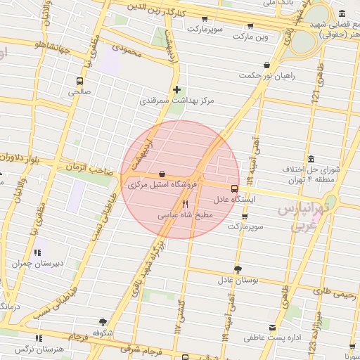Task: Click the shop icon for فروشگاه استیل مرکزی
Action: (162, 174)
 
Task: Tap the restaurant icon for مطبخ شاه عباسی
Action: (185, 204)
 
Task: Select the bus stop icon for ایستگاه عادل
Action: (234, 188)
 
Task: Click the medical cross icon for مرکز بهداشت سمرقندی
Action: (176, 89)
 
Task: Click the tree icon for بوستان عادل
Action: (238, 269)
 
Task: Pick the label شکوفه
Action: (103, 332)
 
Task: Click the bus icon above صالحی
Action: (78, 81)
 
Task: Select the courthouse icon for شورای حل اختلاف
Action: (311, 159)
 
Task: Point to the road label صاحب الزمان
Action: (89, 169)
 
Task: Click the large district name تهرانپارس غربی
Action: (303, 218)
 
